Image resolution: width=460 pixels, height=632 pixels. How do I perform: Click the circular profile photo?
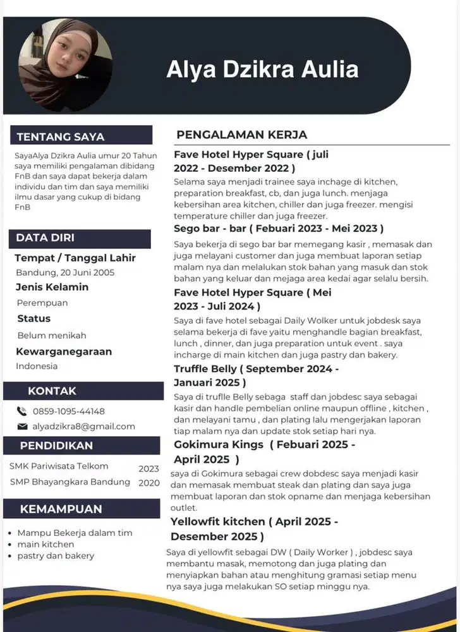[x=66, y=64]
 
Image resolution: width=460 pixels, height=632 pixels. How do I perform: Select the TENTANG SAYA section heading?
[x=61, y=137]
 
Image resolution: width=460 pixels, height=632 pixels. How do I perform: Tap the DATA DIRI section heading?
[x=45, y=238]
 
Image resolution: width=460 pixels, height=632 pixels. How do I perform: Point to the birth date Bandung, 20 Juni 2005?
[x=65, y=272]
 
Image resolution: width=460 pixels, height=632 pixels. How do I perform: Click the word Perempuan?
[x=42, y=303]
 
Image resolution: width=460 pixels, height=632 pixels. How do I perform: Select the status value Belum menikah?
[x=52, y=335]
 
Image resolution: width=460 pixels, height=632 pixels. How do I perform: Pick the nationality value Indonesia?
[x=37, y=366]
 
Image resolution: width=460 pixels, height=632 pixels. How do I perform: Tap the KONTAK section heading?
[x=52, y=391]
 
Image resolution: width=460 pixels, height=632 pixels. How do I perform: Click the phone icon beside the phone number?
[x=22, y=411]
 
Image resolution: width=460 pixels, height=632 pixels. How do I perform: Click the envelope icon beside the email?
[x=22, y=427]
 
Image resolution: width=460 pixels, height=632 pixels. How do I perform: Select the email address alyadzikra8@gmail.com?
[x=84, y=427]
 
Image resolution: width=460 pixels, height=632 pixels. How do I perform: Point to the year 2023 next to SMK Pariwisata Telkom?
[x=149, y=469]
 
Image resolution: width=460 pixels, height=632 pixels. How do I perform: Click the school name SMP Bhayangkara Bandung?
[x=70, y=482]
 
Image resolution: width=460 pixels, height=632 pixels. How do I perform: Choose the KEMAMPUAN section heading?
[x=61, y=509]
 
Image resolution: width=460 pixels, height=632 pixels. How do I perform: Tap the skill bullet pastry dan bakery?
[x=56, y=556]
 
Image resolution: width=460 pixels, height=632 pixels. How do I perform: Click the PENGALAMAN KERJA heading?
[x=242, y=135]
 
